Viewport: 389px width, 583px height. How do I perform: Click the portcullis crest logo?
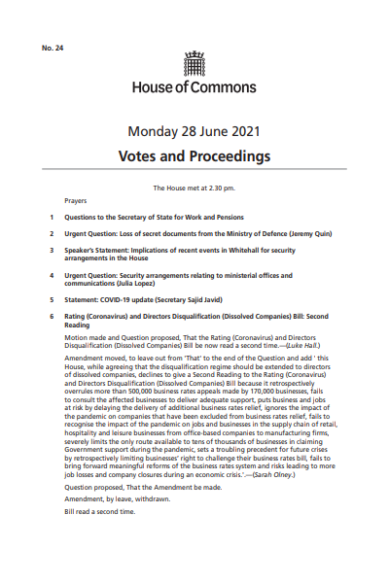pyautogui.click(x=194, y=64)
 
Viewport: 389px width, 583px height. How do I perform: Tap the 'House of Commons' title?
pyautogui.click(x=194, y=87)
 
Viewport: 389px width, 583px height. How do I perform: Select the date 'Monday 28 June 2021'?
pyautogui.click(x=194, y=132)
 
